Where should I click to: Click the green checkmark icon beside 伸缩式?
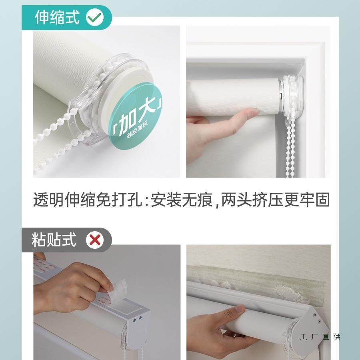pyautogui.click(x=95, y=17)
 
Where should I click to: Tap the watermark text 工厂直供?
pyautogui.click(x=320, y=337)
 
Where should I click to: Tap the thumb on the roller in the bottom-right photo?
pyautogui.click(x=236, y=310)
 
